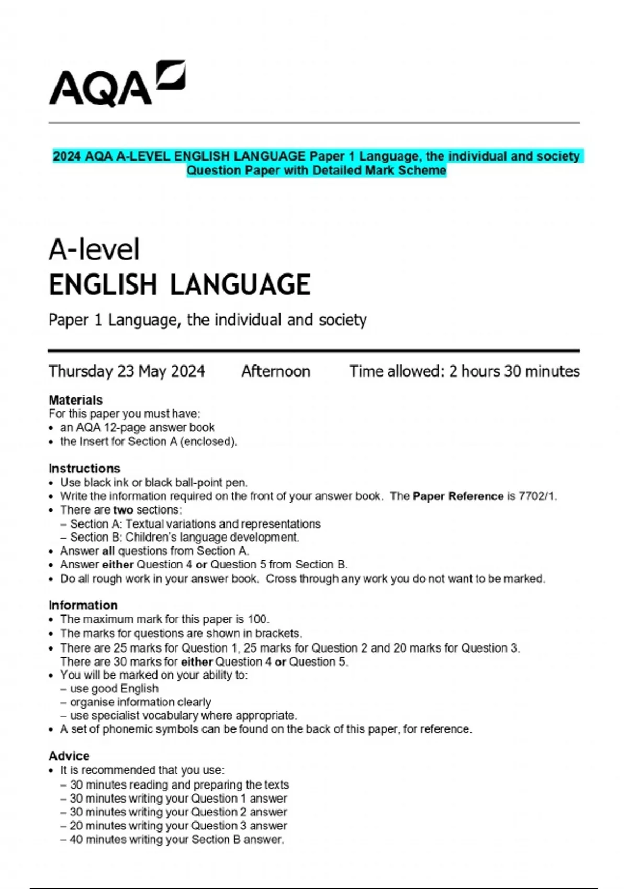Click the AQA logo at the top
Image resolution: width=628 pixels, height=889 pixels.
[117, 84]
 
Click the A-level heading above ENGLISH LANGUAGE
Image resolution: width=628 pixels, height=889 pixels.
[94, 249]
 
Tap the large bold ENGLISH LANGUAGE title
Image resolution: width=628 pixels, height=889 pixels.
[180, 285]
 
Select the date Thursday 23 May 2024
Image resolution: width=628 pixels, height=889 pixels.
[127, 371]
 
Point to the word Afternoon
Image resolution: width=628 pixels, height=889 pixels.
[276, 371]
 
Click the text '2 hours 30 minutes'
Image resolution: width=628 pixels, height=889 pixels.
[514, 371]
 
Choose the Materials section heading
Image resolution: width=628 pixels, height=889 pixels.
[75, 400]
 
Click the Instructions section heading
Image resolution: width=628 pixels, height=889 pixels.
[84, 468]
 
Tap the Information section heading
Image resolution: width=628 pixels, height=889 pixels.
[83, 605]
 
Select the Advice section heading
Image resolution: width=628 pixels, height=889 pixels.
[69, 756]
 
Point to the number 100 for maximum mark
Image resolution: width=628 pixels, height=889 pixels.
[258, 619]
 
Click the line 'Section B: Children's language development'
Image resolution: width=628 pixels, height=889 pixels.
[184, 538]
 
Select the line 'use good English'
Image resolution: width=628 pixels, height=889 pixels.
[114, 689]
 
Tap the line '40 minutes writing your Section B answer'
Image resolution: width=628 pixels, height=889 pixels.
[176, 840]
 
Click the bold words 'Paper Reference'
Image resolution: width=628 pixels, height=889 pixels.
[458, 496]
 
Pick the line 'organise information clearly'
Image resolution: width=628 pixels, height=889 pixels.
[140, 702]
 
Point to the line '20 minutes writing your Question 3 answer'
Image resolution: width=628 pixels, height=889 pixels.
[178, 826]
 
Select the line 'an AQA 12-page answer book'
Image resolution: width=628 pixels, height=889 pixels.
[137, 427]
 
